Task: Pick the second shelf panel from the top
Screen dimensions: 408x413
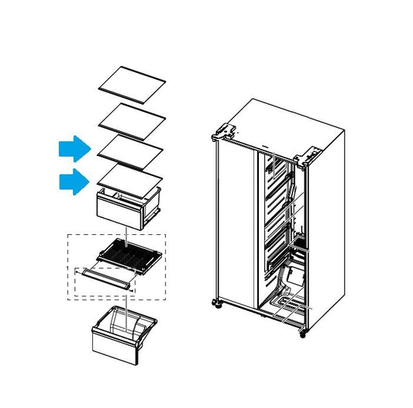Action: pos(132,116)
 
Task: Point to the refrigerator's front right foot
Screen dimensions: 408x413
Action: pos(301,334)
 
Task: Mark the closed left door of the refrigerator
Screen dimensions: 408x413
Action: pos(235,225)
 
